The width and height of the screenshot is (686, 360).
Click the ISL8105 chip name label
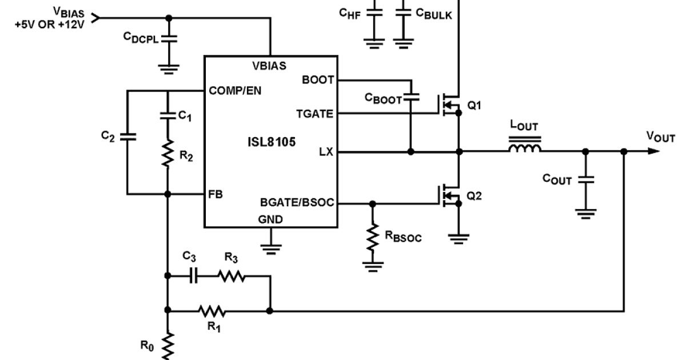[268, 142]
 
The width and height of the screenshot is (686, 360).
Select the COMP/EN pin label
[234, 91]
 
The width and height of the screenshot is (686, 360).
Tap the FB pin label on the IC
[216, 194]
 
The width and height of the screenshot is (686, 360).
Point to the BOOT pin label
[317, 80]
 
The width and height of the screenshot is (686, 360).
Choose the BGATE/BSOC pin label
[297, 203]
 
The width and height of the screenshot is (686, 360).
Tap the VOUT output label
[661, 137]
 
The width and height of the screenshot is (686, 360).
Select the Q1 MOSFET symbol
[450, 103]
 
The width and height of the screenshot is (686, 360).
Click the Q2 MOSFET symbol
[450, 195]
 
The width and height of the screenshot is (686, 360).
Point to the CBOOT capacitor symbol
[410, 98]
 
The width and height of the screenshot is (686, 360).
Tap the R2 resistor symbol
[167, 154]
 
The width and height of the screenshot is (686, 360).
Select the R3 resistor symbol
[231, 276]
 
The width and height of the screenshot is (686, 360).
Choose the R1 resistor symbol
[212, 311]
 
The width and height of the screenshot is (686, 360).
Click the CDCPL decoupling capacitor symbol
[169, 38]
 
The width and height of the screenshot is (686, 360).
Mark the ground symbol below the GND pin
[270, 247]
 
